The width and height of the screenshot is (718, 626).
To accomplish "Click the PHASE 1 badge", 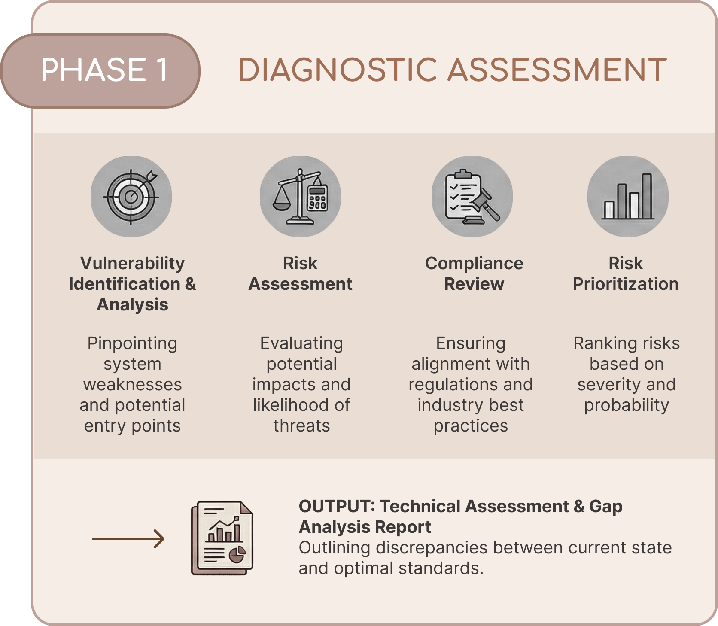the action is click(100, 70).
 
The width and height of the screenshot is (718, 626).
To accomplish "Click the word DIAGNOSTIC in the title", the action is click(339, 70).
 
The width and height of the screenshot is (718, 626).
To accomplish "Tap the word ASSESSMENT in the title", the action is click(557, 70).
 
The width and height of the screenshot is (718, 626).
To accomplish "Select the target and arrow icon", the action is click(131, 196).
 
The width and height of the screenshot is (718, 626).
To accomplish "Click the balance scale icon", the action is click(300, 196).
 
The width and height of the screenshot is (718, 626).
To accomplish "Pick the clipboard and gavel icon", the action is click(472, 196).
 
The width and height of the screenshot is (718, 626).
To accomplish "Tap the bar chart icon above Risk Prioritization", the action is click(628, 196).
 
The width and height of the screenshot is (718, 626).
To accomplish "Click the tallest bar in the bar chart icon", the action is click(647, 196).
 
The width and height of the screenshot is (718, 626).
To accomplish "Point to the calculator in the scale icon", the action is click(318, 198).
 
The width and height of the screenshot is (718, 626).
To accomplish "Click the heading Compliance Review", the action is click(474, 273).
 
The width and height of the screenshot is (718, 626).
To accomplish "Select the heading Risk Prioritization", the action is click(626, 273).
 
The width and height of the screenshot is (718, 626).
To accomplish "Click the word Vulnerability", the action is click(132, 264).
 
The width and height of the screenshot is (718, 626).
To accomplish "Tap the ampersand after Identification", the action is click(190, 284).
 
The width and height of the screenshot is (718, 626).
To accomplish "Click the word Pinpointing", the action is click(132, 344).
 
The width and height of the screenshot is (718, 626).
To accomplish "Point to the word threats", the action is click(301, 426).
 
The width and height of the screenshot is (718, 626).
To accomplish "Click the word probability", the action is click(627, 406).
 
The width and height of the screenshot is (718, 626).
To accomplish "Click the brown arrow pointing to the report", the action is click(128, 539).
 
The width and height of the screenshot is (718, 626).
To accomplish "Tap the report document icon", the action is click(222, 538).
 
